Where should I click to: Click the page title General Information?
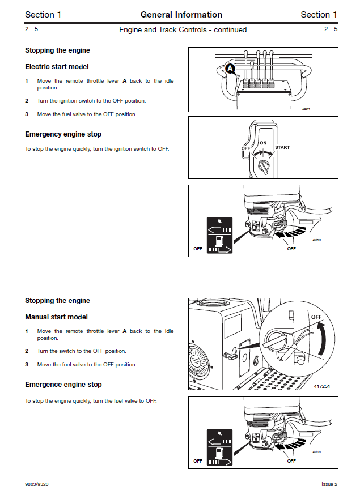coord(181,15)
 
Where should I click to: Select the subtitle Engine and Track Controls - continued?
coord(183,29)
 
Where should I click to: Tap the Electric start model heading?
coord(57,67)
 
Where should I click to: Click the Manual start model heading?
coord(56,317)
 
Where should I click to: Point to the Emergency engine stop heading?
coord(63,134)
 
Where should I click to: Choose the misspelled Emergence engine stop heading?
coord(63,385)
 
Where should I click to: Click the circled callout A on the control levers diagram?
coord(230,69)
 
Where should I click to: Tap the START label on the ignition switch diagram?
coord(282,148)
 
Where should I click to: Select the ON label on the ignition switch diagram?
coord(262,143)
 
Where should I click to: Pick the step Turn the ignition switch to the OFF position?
coord(91,101)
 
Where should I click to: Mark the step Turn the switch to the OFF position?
coord(82,351)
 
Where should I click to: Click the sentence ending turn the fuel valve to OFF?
coord(91,401)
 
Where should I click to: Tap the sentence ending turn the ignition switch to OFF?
coord(97,149)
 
